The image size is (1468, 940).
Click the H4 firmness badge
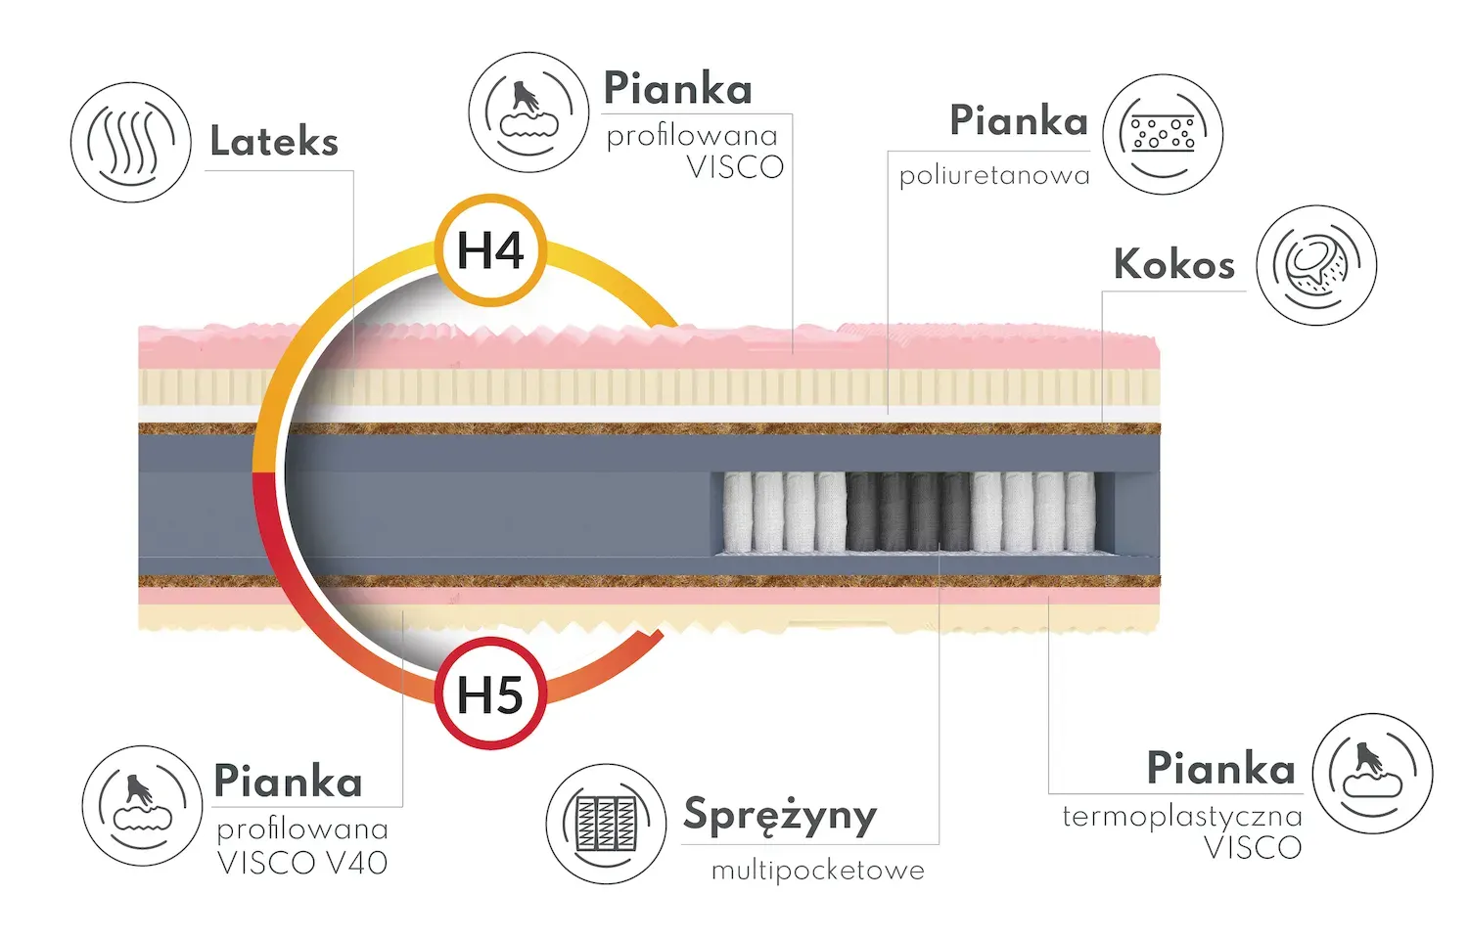tap(491, 250)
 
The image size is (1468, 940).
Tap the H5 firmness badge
tap(490, 694)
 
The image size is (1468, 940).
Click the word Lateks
tap(274, 143)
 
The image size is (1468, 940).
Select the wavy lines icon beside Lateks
tap(130, 143)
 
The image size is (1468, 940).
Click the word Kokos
tap(1173, 264)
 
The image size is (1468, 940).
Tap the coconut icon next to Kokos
tap(1316, 265)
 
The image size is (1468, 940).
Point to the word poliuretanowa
tap(994, 176)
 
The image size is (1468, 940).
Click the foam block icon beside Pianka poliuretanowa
tap(1163, 134)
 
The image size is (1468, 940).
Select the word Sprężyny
tap(779, 815)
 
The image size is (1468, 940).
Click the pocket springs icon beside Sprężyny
tap(607, 824)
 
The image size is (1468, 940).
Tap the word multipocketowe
tap(817, 870)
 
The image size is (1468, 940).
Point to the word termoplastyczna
tap(1182, 816)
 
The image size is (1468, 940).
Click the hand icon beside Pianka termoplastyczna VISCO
tap(1372, 774)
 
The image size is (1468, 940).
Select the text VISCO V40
tap(302, 863)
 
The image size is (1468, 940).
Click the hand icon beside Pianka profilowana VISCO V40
tap(142, 806)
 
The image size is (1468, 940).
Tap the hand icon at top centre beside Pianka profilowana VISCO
tap(528, 112)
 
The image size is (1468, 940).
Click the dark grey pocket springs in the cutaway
tap(909, 512)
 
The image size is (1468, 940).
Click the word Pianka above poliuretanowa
tap(1019, 121)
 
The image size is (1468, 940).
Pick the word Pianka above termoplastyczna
tap(1220, 769)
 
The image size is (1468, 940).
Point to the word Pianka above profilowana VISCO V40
tap(288, 782)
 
